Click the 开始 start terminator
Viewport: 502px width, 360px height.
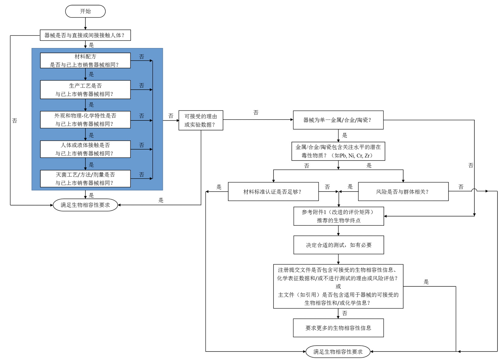85,11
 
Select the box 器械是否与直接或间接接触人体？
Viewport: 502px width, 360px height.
85,35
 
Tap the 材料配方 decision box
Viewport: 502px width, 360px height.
85,61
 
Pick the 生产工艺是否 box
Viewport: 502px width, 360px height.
85,90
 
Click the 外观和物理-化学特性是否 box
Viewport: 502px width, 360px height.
85,120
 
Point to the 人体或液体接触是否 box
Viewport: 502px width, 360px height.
85,149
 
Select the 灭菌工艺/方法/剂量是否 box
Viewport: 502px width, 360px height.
85,179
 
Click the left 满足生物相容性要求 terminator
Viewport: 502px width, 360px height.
85,205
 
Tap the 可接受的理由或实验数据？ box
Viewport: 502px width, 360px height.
201,120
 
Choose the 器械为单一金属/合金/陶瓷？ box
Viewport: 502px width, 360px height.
338,120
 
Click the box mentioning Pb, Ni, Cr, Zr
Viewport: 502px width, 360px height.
338,151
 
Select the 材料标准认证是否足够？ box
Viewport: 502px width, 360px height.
273,192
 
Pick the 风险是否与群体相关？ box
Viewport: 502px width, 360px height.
403,192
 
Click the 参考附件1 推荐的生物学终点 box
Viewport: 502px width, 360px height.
339,216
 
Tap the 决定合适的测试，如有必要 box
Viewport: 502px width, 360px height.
339,245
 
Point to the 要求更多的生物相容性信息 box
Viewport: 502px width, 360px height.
338,328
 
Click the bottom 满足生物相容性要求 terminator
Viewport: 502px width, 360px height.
338,352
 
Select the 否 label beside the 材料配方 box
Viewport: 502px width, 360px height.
142,57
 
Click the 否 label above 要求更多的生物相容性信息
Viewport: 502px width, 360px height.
345,313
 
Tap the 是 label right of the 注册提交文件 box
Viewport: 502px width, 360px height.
426,282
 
